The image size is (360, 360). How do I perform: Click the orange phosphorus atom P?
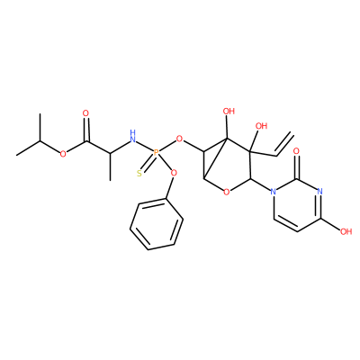pos(156,153)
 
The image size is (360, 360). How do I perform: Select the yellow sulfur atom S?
pos(139,174)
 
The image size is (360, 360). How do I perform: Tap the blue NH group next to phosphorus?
pos(132,136)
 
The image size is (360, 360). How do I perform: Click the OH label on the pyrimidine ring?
pos(346,231)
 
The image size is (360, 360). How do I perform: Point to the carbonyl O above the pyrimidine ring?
pos(297,151)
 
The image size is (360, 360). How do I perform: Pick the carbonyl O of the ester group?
pos(86,113)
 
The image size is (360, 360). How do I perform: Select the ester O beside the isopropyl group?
pos(63,154)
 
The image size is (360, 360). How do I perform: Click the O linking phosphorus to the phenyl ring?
pos(174,173)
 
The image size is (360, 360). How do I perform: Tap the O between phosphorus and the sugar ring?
pos(179,139)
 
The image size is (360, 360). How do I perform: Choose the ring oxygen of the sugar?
pos(227,192)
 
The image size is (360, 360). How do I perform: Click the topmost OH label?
pos(229,112)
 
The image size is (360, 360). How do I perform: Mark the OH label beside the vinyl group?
pos(261,126)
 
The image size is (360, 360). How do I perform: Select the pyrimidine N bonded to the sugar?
pos(273,191)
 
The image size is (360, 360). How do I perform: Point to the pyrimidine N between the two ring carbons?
pos(319,191)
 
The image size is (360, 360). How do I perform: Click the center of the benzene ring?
pos(157,223)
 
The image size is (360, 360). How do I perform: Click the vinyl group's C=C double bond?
pos(285,144)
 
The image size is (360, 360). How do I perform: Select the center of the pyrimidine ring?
pos(297,204)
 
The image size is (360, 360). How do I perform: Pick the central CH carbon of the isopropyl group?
pos(40,140)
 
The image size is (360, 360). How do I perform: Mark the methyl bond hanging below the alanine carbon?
pos(110,166)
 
